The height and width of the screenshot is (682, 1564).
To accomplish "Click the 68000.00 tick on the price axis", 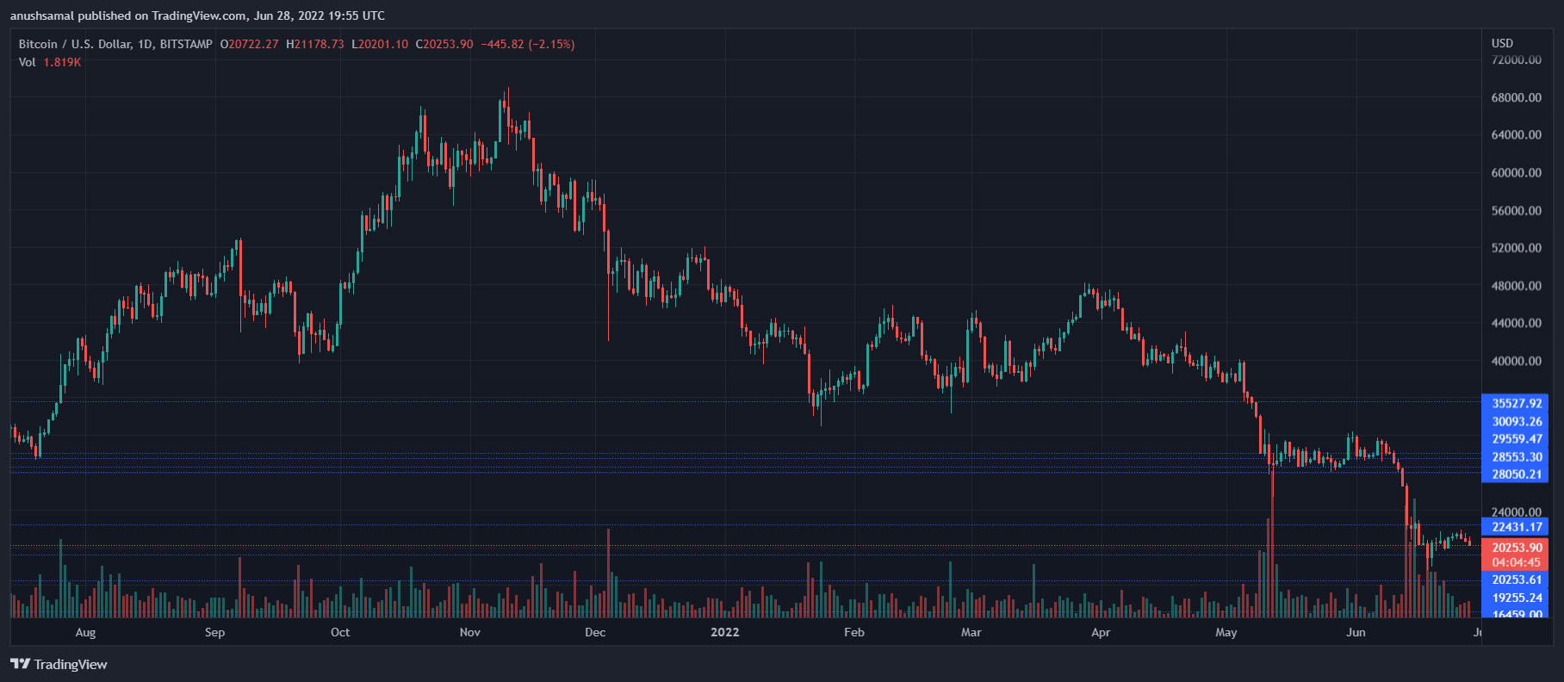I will click(x=1516, y=97).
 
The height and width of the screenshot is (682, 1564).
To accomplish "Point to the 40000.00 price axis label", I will click(x=1516, y=361).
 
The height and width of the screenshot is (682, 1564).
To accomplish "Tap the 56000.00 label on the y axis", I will click(x=1516, y=210).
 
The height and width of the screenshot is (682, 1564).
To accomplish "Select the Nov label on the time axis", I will click(x=470, y=632).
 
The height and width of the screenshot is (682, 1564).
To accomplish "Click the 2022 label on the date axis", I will click(x=724, y=632).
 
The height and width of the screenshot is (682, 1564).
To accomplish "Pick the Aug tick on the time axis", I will click(x=85, y=632).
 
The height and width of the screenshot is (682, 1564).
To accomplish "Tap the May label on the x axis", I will click(x=1226, y=632).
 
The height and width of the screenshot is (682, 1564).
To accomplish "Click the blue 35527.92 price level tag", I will click(x=1516, y=403).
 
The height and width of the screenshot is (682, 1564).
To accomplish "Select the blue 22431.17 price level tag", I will click(x=1516, y=527).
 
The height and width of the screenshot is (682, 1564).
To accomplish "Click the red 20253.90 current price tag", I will click(x=1516, y=548).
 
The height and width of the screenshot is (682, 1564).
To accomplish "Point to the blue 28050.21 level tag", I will click(x=1516, y=474).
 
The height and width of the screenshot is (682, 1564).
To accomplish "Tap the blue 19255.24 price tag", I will click(x=1516, y=598).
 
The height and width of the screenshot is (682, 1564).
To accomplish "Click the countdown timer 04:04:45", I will click(x=1516, y=562).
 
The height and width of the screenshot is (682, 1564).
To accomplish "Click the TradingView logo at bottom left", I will click(x=59, y=664).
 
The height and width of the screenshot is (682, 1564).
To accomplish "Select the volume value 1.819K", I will click(x=62, y=62).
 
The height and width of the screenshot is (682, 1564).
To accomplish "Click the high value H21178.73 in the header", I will click(x=314, y=44).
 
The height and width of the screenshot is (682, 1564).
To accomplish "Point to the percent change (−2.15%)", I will click(x=551, y=44).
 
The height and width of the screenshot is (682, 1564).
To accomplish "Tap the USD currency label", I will click(x=1502, y=43).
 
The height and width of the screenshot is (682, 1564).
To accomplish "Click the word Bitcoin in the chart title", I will click(x=38, y=44).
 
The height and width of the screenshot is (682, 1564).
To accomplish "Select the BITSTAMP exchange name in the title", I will click(x=186, y=44).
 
